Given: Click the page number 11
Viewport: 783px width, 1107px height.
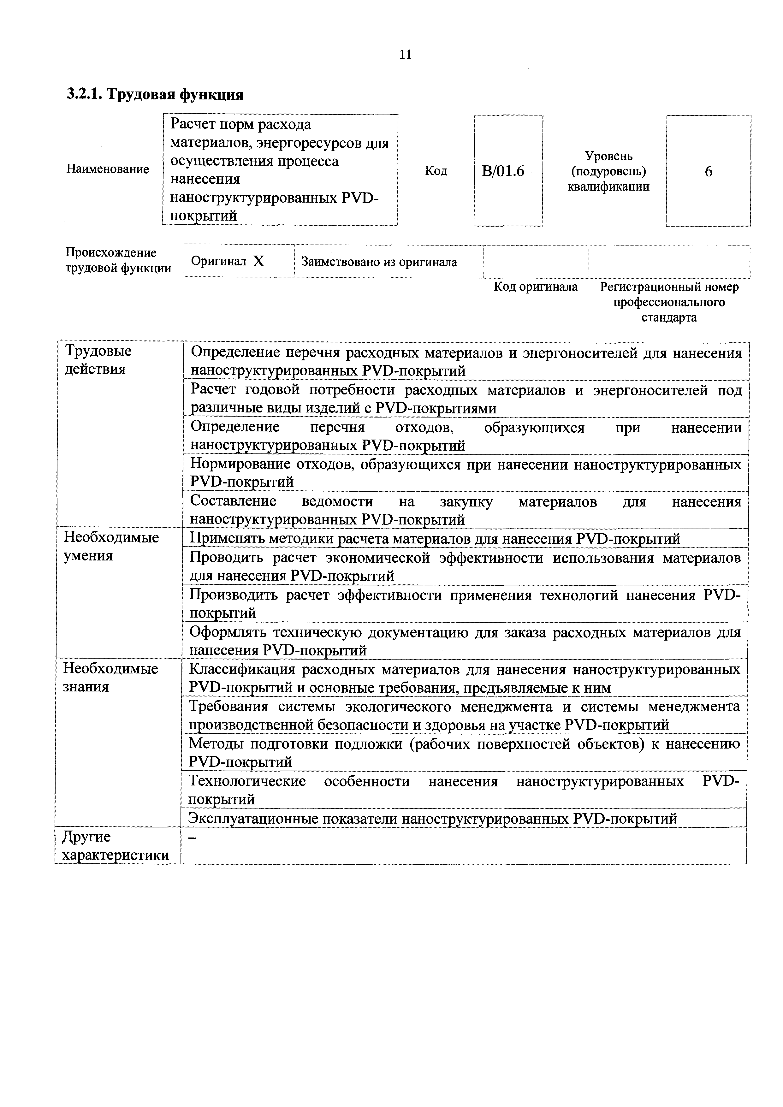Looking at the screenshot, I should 406,55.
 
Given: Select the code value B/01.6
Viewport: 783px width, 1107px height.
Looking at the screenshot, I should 503,171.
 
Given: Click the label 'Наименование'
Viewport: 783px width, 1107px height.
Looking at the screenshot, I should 108,169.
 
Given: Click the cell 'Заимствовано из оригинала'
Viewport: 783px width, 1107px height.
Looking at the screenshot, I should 379,262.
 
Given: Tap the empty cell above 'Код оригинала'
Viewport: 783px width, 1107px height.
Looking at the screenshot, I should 536,262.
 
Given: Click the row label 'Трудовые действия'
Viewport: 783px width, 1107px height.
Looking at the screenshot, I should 98,360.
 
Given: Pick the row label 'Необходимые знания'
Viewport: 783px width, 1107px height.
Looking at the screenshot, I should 110,678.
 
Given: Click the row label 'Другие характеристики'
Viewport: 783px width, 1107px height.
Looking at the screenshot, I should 116,846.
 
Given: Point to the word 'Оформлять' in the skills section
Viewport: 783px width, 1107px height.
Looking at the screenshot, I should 227,632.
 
